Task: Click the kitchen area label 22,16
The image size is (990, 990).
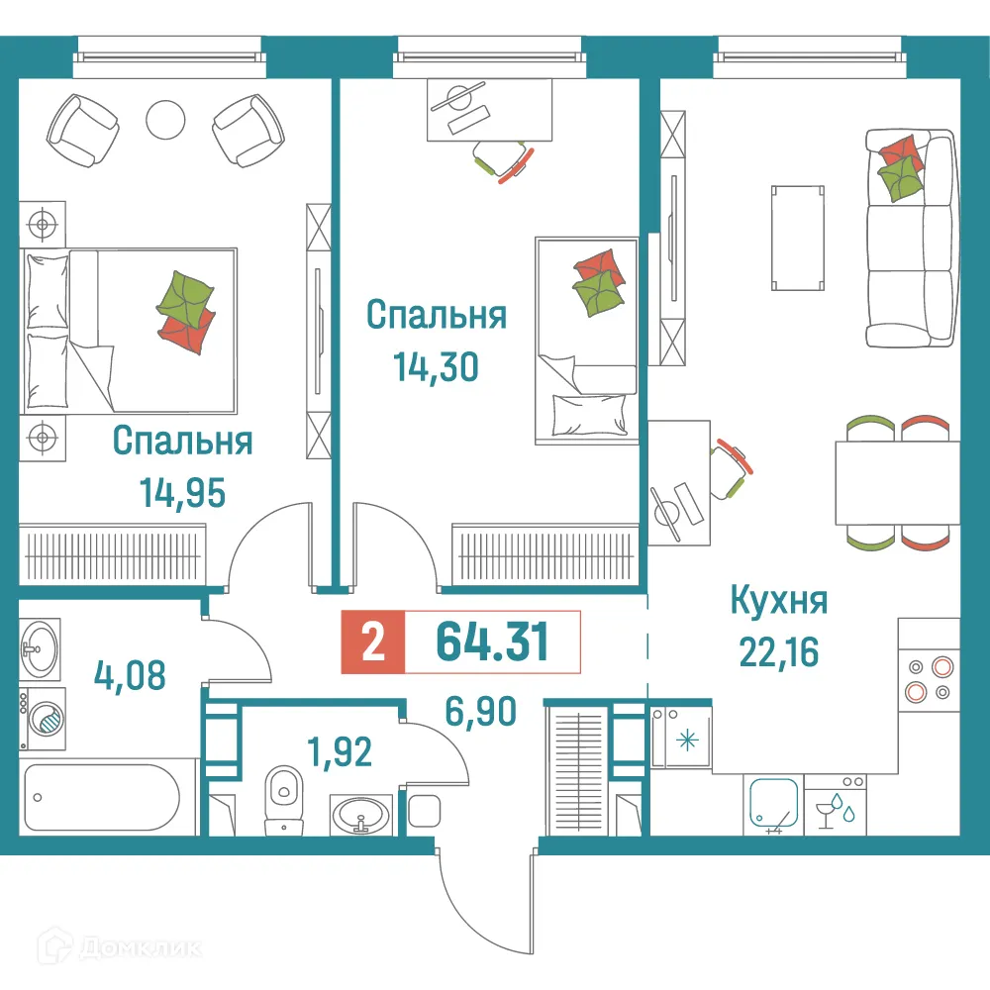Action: click(x=778, y=650)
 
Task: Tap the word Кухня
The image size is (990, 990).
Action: click(x=778, y=600)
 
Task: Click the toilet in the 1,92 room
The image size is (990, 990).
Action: click(x=284, y=796)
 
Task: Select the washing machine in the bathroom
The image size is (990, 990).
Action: click(x=43, y=714)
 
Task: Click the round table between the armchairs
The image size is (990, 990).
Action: click(x=165, y=120)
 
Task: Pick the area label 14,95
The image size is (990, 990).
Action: click(x=182, y=491)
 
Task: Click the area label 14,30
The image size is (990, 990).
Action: click(x=436, y=367)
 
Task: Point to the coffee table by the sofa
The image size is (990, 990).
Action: click(x=796, y=237)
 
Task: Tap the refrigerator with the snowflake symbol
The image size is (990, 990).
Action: click(x=680, y=739)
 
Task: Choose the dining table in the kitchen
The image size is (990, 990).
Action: click(x=896, y=482)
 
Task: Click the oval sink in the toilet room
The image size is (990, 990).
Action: click(x=361, y=817)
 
